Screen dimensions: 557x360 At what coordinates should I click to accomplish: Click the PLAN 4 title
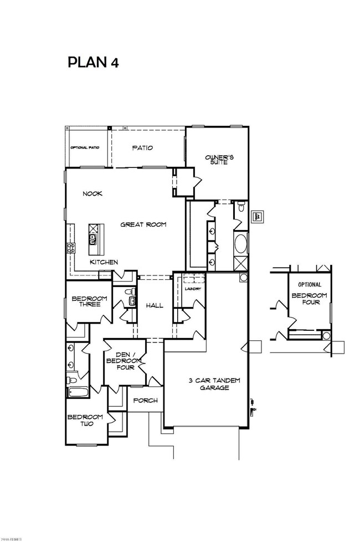tap(92, 62)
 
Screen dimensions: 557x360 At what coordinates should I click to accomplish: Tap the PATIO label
tap(142, 148)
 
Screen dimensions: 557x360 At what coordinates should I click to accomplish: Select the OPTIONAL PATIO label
tap(84, 148)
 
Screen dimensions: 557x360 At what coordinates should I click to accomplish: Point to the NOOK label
tap(92, 194)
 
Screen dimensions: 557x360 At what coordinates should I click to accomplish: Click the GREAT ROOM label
tap(144, 224)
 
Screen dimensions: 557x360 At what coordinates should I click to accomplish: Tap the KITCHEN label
tap(104, 262)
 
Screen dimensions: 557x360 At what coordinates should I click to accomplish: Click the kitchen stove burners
tap(71, 248)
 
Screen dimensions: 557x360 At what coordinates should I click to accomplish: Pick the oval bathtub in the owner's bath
tap(241, 243)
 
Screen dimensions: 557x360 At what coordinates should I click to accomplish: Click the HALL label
tap(155, 305)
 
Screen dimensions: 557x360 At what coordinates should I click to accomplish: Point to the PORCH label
tap(146, 400)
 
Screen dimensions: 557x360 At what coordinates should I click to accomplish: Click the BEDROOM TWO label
tap(85, 421)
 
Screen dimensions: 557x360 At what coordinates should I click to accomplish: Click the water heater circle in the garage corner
tap(243, 277)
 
